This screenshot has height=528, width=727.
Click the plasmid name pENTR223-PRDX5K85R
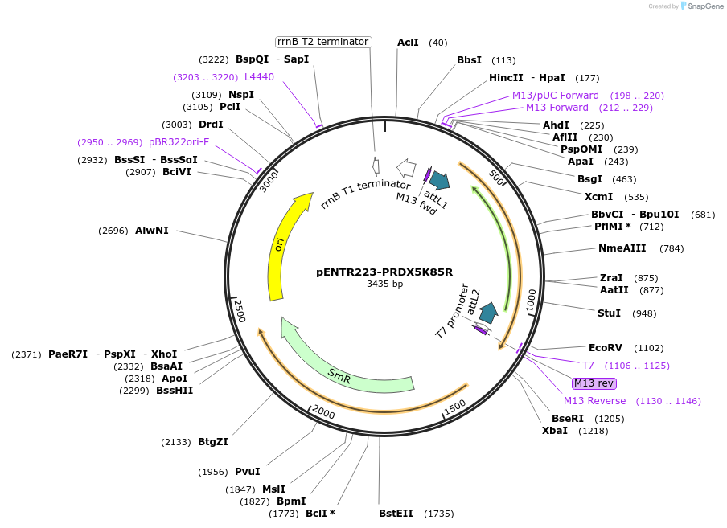point(384,272)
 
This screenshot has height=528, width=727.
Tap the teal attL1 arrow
point(438,180)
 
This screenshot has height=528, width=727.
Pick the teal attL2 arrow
point(487,313)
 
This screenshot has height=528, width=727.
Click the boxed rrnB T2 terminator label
point(322,42)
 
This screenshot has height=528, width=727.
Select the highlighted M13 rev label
point(594,383)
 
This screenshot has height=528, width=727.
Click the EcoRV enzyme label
point(605,348)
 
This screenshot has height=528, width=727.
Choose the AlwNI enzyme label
point(151,231)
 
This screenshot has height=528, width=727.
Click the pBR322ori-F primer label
point(179,142)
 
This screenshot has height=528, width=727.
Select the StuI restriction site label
point(609,313)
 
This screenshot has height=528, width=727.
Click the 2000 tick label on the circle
point(323,411)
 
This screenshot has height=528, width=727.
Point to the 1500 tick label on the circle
point(454,408)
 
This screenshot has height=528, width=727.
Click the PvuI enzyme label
point(247,472)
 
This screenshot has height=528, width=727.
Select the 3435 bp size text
point(384,284)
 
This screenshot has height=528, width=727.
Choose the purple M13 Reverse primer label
point(594,401)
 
